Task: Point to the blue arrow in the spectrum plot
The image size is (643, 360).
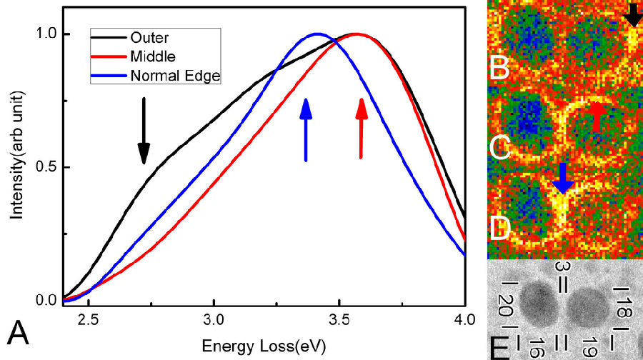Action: coord(306,129)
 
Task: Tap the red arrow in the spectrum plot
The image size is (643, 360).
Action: coord(362,129)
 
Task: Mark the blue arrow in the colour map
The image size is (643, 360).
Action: coord(563,179)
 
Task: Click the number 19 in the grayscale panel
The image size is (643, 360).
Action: coord(590,348)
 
